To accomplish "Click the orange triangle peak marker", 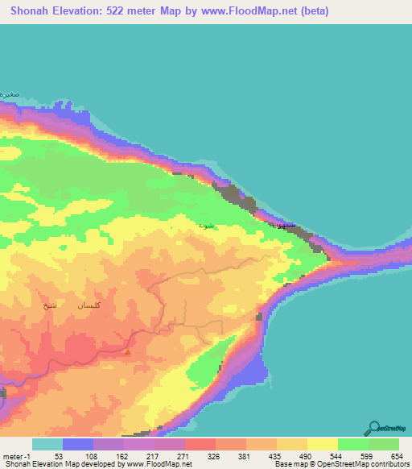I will click(x=127, y=351).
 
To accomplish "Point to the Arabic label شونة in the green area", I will click(x=207, y=226).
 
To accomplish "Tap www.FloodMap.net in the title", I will click(x=252, y=11).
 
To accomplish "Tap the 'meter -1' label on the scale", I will click(x=16, y=455).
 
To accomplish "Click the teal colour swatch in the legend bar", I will click(x=47, y=444).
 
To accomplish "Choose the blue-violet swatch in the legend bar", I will click(x=78, y=444).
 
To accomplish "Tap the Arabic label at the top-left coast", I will click(x=9, y=94).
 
